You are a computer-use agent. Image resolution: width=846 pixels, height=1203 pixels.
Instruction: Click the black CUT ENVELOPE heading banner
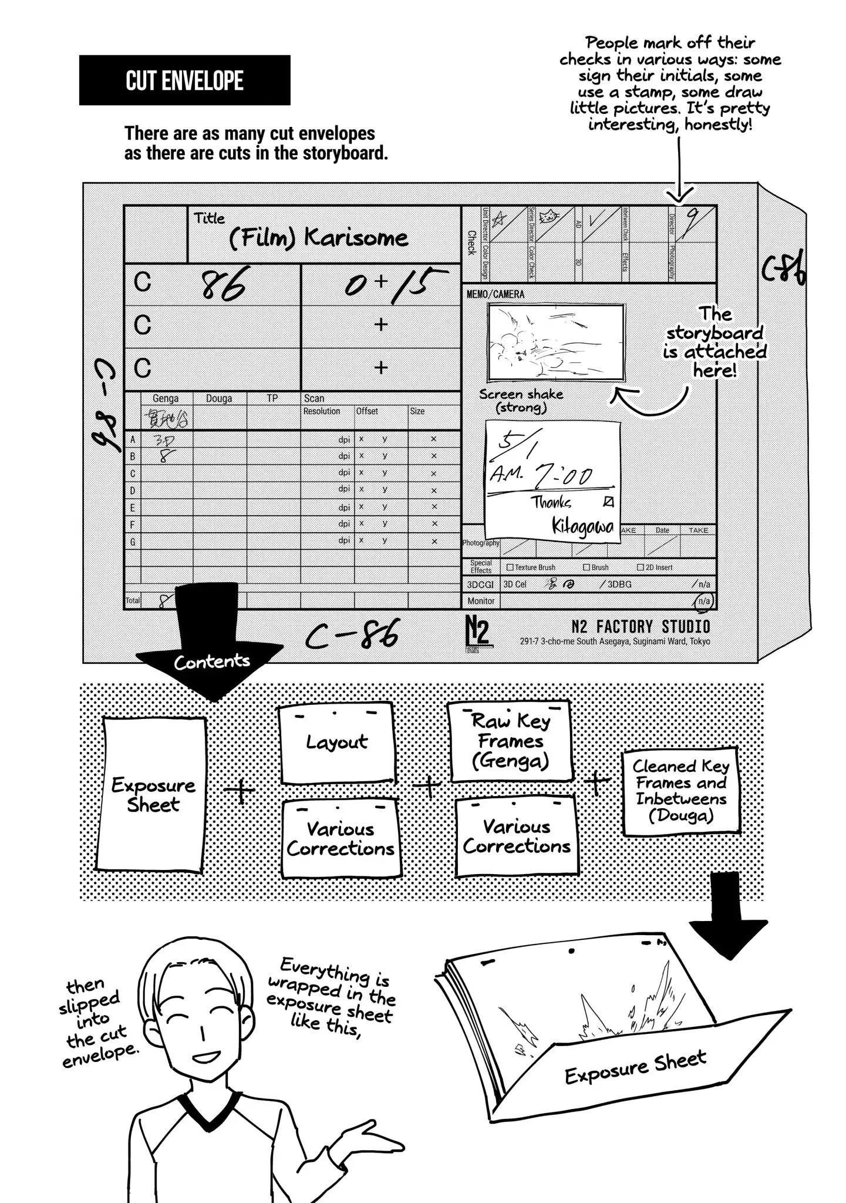point(184,80)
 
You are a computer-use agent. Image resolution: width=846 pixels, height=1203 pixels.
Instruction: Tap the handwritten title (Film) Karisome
point(318,238)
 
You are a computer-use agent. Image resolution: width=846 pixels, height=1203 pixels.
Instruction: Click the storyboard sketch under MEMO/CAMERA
point(555,343)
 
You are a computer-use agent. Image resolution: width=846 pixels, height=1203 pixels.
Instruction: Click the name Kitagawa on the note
point(582,526)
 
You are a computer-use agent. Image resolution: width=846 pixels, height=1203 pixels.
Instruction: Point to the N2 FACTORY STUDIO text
point(641,627)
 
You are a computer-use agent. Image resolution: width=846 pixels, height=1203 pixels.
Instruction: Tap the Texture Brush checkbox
point(510,567)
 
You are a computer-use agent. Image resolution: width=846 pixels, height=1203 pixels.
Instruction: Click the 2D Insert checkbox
point(641,567)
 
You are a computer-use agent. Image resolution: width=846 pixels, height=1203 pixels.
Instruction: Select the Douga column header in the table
point(219,398)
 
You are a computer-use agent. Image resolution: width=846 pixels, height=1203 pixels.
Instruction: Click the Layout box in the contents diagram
point(336,744)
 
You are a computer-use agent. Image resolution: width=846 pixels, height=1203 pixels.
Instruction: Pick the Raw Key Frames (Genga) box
point(510,741)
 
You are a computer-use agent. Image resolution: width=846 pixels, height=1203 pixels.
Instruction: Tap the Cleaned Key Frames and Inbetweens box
point(681,791)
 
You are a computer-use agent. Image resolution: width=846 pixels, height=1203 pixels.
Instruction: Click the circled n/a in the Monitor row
point(703,601)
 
